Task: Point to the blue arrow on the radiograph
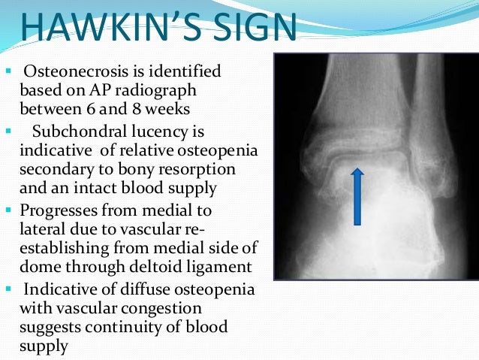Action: point(357,196)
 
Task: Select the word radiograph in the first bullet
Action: point(160,90)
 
